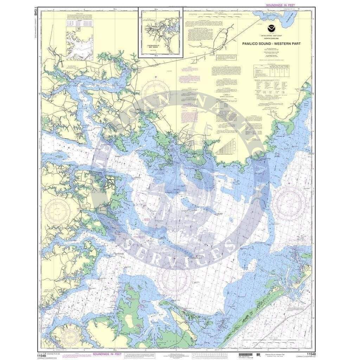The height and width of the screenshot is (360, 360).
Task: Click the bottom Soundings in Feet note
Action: coord(107,355)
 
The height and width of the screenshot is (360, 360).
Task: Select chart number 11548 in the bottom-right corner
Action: coord(311,354)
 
